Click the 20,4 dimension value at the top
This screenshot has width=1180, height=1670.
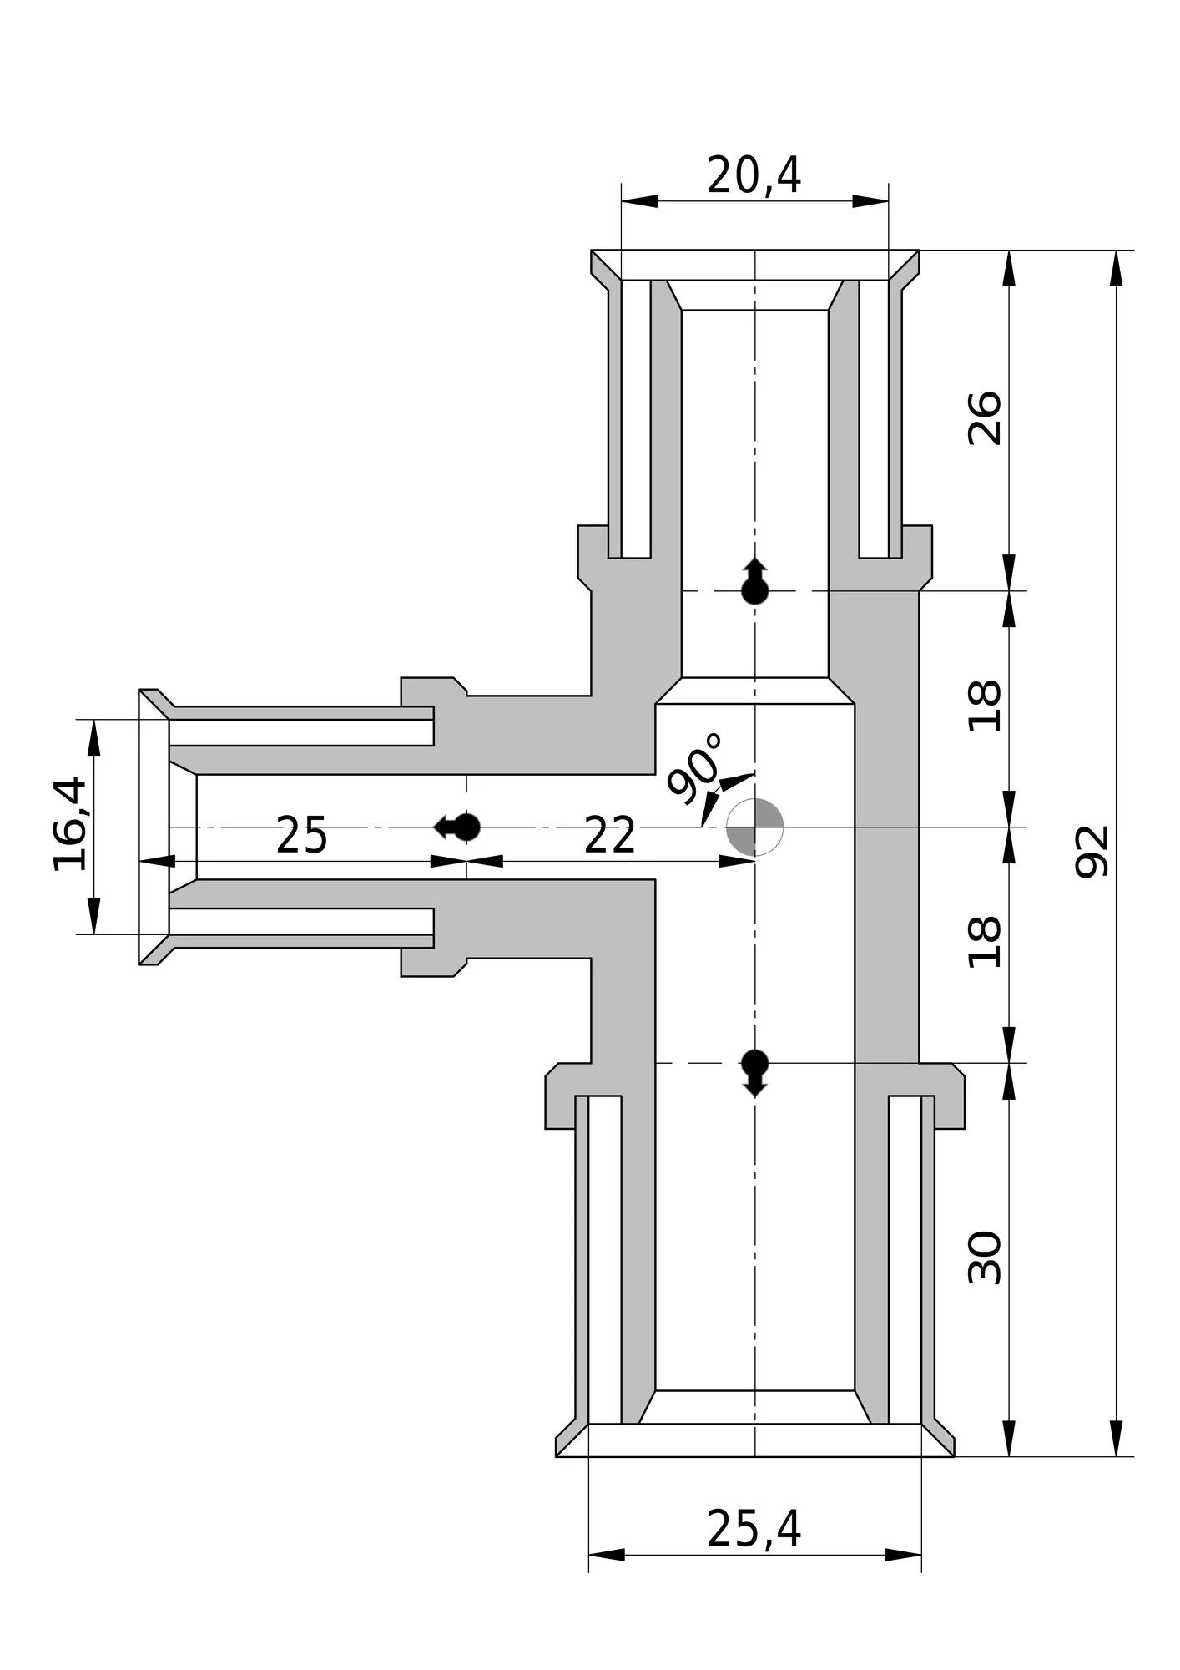[x=754, y=176]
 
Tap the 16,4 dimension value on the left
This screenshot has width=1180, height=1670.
[x=70, y=824]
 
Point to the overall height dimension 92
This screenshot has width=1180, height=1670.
[x=1092, y=851]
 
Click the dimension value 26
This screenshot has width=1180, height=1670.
[x=984, y=418]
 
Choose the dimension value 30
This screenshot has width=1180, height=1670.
[x=984, y=1257]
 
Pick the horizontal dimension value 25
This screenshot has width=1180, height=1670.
[x=301, y=836]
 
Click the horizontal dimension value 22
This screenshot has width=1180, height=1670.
[x=610, y=836]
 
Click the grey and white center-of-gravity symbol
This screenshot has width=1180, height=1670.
[x=755, y=827]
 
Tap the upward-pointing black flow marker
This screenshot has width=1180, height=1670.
[x=755, y=581]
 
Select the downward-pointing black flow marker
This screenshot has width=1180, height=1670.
[x=755, y=1073]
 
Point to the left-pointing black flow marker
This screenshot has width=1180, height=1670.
[x=457, y=827]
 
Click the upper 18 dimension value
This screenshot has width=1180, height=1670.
[x=984, y=706]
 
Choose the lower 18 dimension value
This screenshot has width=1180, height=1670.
[x=984, y=943]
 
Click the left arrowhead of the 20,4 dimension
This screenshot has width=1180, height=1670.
[x=639, y=201]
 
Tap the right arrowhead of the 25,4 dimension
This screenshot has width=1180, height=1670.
[x=904, y=1555]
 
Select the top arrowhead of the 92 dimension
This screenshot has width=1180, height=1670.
[x=1117, y=268]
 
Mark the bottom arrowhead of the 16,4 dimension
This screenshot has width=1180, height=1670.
[x=93, y=916]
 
